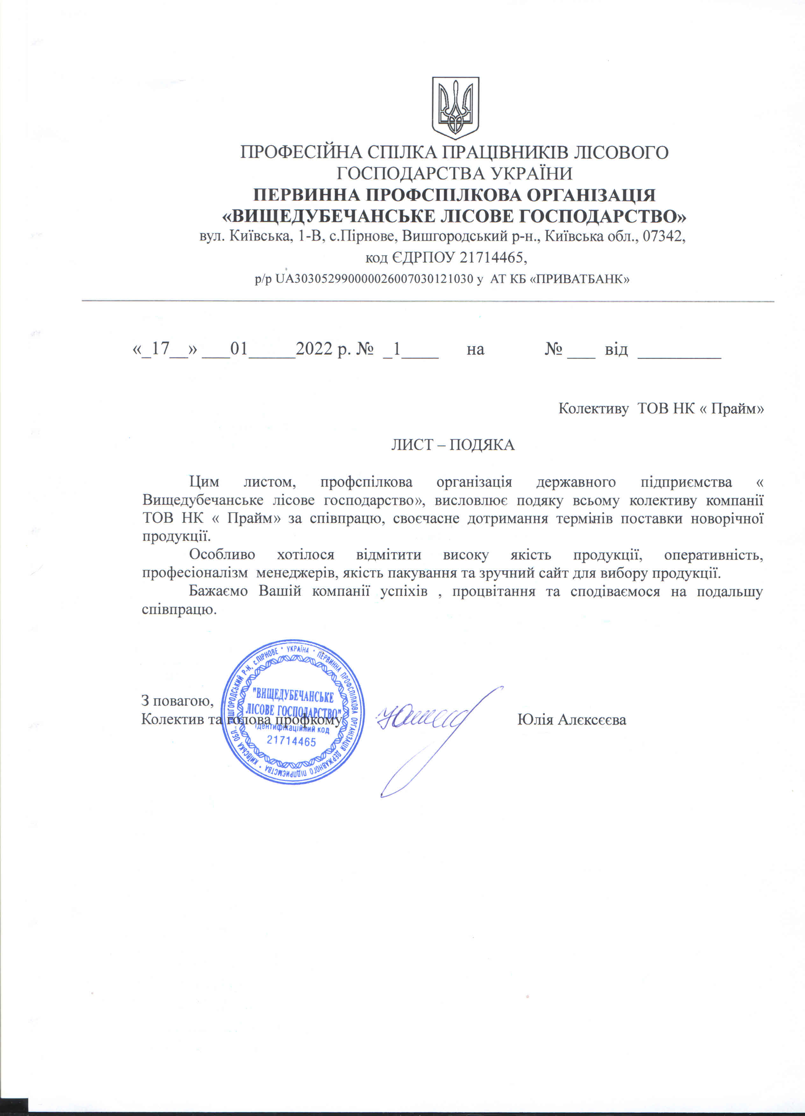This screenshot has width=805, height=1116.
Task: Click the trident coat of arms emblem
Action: (455, 107)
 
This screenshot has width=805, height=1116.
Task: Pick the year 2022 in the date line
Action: (314, 348)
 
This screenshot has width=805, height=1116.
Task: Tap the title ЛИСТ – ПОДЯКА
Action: (453, 445)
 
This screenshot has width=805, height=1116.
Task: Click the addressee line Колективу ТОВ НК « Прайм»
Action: (661, 408)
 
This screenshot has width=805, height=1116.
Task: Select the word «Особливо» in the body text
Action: (222, 554)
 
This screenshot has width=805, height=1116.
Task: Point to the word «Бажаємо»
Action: (218, 591)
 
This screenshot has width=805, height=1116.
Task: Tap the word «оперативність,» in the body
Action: (714, 554)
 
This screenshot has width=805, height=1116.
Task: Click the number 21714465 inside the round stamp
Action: (291, 741)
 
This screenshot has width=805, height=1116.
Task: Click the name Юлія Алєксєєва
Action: (572, 719)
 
